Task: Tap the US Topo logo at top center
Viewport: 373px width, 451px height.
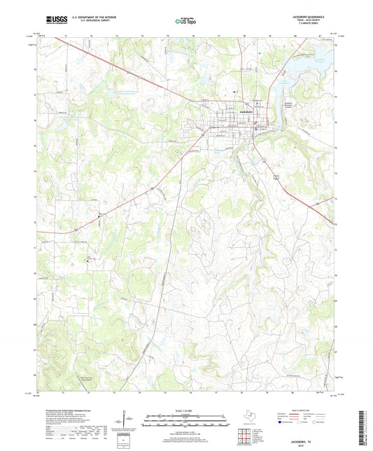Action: click(181, 22)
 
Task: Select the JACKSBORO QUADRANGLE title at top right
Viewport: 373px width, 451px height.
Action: click(311, 18)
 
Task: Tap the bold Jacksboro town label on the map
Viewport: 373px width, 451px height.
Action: click(245, 111)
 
